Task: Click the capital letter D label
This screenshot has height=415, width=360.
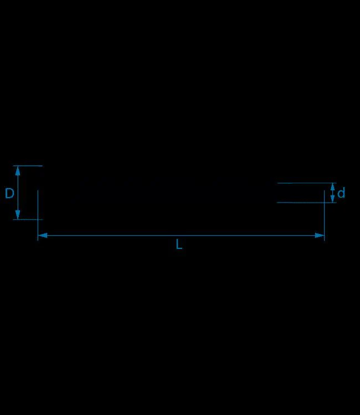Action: [9, 193]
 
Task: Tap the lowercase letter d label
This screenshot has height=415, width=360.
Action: [341, 193]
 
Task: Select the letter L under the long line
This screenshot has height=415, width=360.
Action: [179, 244]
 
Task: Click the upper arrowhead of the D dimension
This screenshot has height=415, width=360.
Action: [18, 171]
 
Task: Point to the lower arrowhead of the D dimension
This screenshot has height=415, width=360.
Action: [18, 215]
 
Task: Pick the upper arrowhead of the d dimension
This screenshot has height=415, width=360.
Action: [333, 186]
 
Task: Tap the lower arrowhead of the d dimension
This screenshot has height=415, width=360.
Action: [333, 199]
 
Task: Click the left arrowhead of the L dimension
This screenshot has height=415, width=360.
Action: [43, 235]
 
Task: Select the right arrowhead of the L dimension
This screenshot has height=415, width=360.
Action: [320, 235]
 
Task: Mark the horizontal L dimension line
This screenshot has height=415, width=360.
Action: [181, 235]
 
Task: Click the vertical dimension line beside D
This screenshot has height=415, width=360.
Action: [18, 193]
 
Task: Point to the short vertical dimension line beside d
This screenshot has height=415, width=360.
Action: [333, 193]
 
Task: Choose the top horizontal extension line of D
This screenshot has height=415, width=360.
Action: [28, 166]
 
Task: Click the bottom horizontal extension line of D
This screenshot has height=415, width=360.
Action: [28, 220]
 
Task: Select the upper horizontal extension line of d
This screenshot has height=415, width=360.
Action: [307, 183]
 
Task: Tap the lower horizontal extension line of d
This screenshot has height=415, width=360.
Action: [307, 203]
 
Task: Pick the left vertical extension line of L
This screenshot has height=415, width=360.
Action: [38, 215]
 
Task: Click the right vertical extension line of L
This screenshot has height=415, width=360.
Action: [324, 215]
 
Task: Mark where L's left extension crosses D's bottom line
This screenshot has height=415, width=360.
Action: [38, 220]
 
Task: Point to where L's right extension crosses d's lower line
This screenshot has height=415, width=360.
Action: [324, 203]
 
